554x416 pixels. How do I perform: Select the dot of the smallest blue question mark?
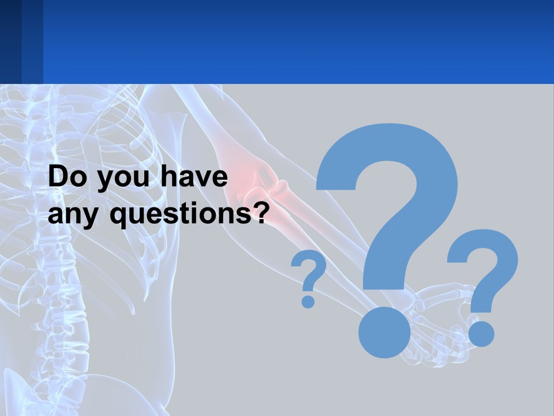pos(308,301)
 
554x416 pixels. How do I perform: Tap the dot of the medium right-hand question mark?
pos(481,333)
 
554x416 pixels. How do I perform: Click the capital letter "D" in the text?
pos(58,177)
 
